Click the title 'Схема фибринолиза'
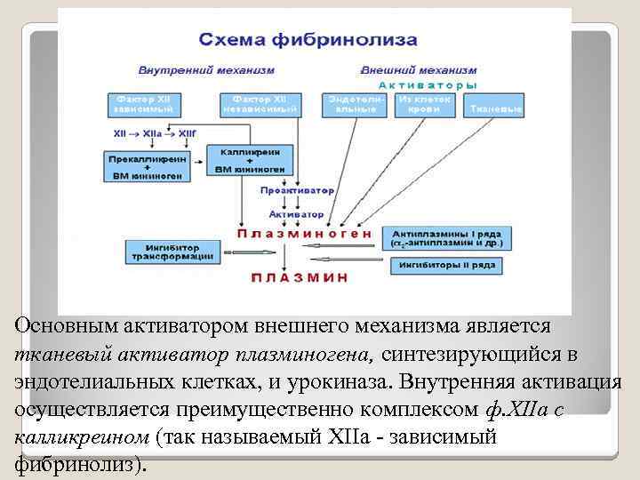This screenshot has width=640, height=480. pyautogui.click(x=307, y=40)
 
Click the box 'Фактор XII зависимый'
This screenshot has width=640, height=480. pyautogui.click(x=143, y=104)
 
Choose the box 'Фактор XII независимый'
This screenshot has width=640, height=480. pyautogui.click(x=258, y=104)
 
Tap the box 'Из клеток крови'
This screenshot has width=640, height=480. pyautogui.click(x=425, y=104)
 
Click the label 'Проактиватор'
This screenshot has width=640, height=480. pyautogui.click(x=297, y=191)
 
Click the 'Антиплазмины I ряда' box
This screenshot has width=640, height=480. pyautogui.click(x=445, y=237)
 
